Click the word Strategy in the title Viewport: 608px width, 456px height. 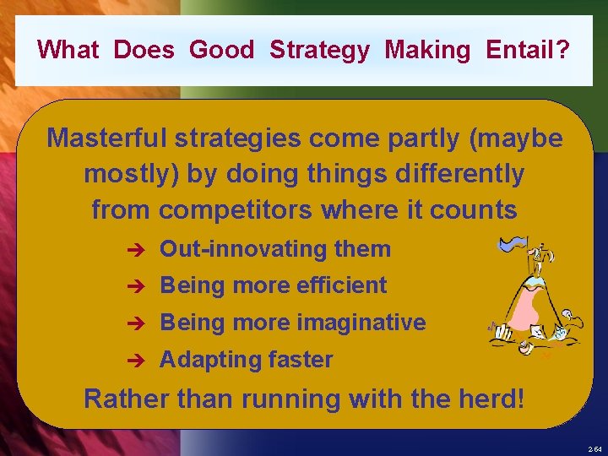319,50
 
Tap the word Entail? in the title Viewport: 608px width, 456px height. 528,50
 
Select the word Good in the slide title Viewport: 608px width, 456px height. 221,50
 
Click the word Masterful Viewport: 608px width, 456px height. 111,138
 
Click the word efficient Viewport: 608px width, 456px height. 341,285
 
